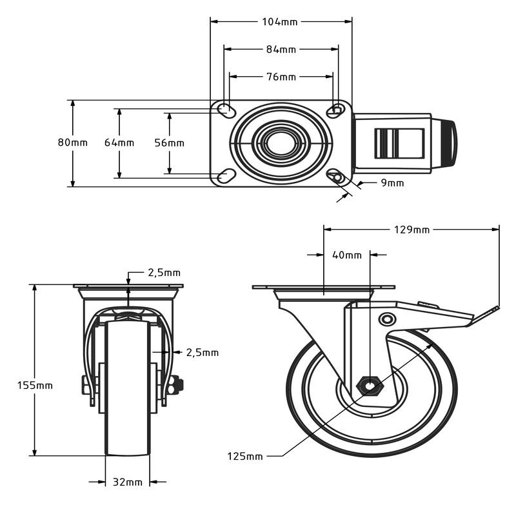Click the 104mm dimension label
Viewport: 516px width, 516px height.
point(280,22)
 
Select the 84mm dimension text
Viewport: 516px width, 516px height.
point(281,50)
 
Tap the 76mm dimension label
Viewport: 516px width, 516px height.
point(281,77)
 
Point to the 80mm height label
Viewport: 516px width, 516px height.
point(73,143)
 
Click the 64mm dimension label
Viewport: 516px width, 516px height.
point(119,143)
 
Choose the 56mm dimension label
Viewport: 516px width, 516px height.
point(170,143)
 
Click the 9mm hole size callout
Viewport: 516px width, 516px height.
point(392,183)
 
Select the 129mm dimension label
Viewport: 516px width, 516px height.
point(412,230)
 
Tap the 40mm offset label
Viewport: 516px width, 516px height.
point(347,255)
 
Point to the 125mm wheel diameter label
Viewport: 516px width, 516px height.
point(245,457)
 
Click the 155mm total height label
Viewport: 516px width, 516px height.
point(35,385)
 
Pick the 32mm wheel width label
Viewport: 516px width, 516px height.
point(128,482)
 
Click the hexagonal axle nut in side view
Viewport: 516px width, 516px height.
point(370,385)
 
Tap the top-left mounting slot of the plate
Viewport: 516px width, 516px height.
point(227,110)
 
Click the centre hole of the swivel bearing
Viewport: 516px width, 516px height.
point(281,143)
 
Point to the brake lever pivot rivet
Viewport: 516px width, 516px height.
point(387,319)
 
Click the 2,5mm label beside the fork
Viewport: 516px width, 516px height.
point(203,353)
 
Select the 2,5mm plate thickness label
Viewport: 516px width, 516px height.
point(164,273)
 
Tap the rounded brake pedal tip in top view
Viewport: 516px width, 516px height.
point(448,143)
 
